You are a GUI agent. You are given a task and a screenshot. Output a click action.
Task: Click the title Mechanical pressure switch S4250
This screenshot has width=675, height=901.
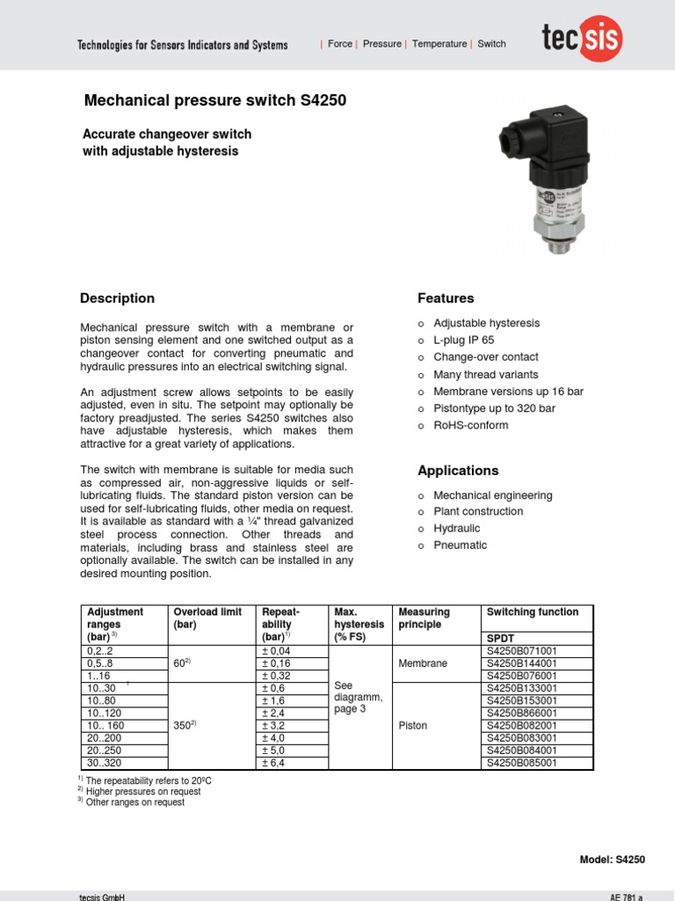point(214,101)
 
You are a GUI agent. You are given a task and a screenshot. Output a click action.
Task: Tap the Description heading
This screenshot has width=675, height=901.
point(117,298)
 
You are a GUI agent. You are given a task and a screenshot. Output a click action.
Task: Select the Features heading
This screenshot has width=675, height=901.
point(446,298)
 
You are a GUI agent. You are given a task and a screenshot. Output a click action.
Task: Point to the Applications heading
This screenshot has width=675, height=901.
point(458,471)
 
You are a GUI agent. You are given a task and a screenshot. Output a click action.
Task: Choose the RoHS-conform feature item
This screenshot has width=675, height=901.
point(470,425)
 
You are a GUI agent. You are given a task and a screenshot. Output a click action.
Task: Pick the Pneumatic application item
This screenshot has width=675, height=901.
point(460,546)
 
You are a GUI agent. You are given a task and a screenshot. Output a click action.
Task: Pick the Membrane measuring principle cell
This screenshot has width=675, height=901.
point(423,663)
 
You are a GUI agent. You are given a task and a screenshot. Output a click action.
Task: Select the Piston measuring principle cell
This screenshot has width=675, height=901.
point(412,726)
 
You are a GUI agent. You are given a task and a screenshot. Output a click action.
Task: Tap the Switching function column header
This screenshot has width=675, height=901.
point(532,612)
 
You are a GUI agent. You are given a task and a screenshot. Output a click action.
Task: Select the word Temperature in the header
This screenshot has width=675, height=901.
point(439,44)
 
